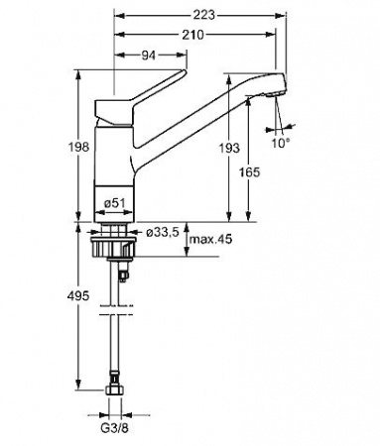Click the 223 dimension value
click(203, 15)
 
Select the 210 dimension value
click(193, 35)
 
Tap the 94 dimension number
click(149, 56)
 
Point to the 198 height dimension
click(78, 147)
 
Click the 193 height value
click(229, 148)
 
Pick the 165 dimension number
click(249, 172)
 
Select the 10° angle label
click(281, 143)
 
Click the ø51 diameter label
click(114, 203)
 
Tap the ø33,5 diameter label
click(162, 233)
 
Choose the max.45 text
click(210, 239)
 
